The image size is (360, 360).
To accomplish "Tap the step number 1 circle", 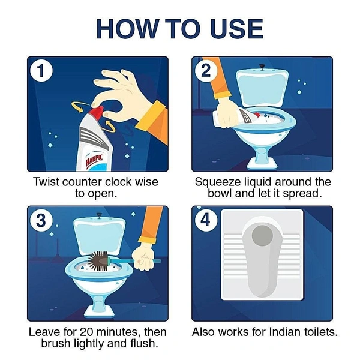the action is (41, 70).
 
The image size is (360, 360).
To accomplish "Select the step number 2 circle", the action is (206, 70).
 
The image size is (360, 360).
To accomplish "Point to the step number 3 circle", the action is (41, 220).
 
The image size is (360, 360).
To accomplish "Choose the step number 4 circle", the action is (206, 220).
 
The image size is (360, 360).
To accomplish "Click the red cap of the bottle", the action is (97, 112).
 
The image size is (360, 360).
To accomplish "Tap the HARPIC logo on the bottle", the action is (94, 160).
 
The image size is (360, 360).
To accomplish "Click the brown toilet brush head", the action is (98, 261).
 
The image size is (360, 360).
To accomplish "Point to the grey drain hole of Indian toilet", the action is (262, 236).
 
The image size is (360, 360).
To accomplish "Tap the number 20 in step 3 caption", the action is (86, 332).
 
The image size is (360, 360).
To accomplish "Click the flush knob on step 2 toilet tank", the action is (262, 67).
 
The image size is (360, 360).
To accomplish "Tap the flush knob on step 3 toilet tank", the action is (99, 215).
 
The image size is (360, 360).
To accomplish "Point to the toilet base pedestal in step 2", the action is (262, 158).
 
